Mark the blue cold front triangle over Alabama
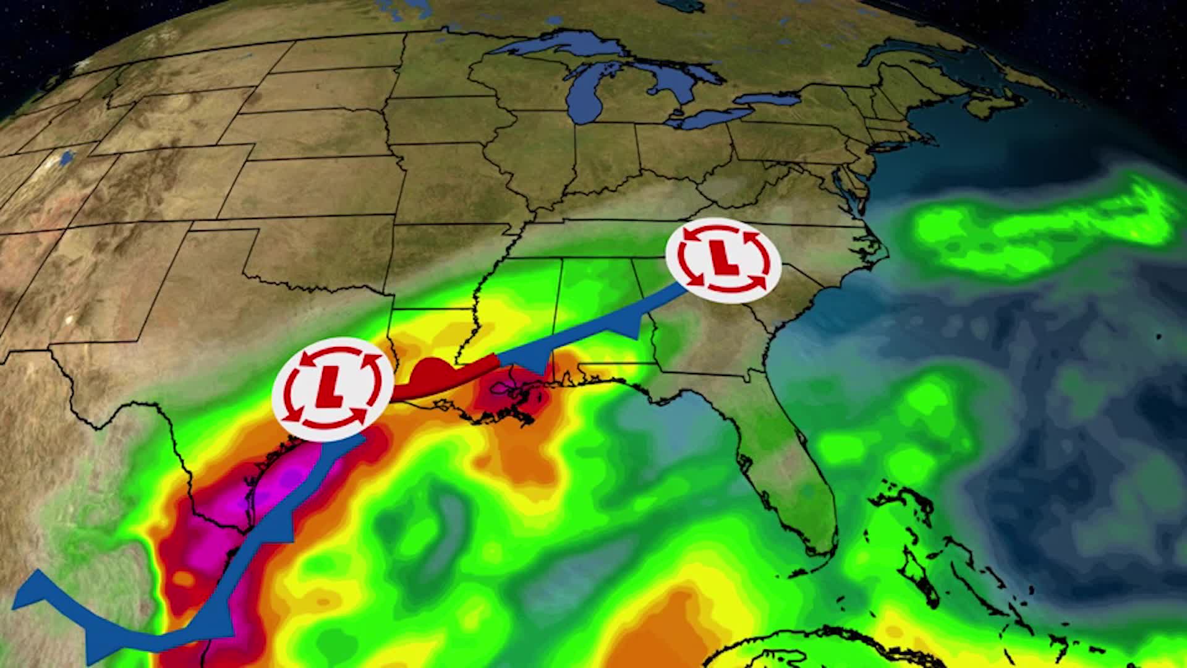tap(631, 328)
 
